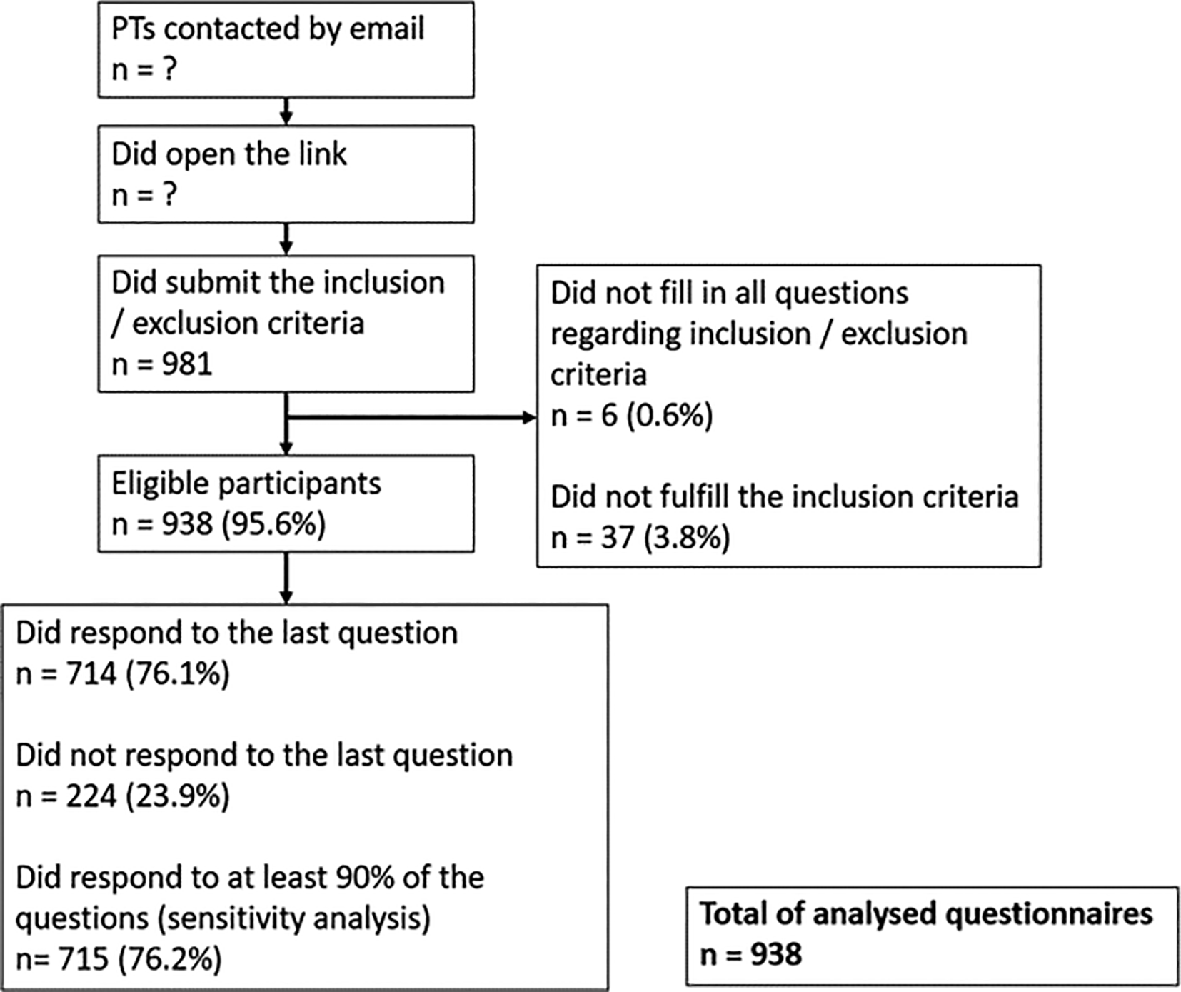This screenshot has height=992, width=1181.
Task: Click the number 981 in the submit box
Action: [x=187, y=364]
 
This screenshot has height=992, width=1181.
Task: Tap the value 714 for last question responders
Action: [x=91, y=673]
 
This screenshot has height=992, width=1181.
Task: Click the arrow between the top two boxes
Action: [x=286, y=111]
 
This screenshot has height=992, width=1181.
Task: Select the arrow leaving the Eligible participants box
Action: [x=286, y=578]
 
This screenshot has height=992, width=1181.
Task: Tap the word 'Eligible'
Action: [x=160, y=484]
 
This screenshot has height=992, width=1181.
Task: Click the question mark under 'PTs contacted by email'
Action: [x=168, y=70]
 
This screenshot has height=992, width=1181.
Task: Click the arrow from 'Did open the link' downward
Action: [x=286, y=239]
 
